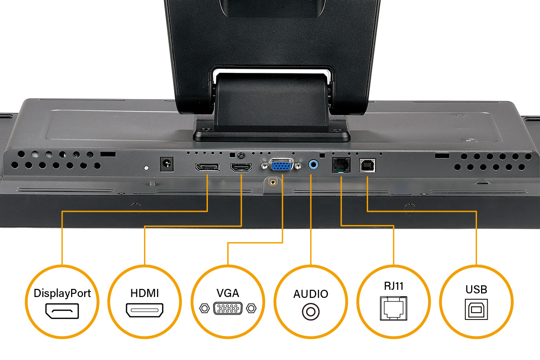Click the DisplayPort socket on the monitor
point(207,168)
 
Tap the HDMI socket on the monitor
point(241,168)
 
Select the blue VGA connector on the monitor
point(280,166)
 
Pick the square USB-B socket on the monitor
point(367,165)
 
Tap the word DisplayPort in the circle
point(62,293)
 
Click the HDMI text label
point(144,293)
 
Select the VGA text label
point(228,293)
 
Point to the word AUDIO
point(310,294)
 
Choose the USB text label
point(477,290)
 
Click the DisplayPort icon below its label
point(62,311)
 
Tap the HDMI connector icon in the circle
point(144,310)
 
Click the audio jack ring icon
point(310,311)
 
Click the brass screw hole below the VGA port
point(272,182)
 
